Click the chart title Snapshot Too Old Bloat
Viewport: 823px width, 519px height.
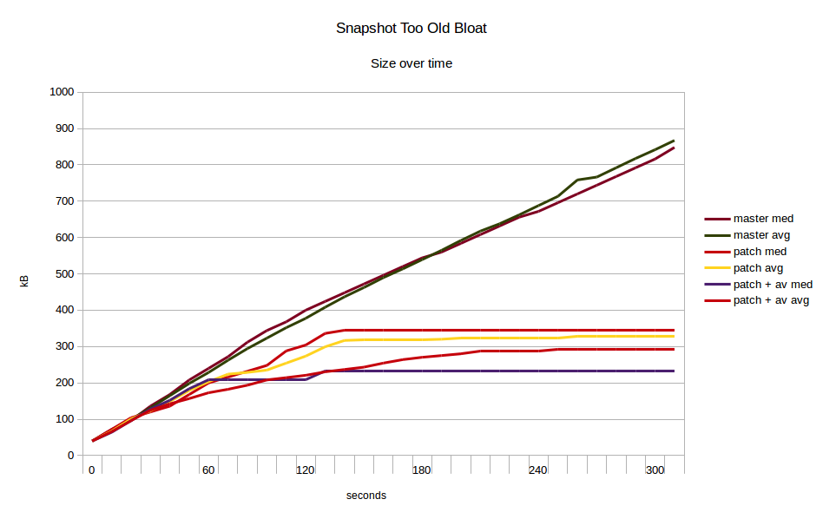tap(411, 28)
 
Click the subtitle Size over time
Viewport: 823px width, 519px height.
tap(411, 63)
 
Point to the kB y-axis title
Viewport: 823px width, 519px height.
tap(24, 280)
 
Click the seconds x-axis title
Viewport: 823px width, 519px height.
tap(366, 496)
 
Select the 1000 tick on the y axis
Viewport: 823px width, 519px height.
tap(61, 92)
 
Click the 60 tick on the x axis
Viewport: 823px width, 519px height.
tap(208, 470)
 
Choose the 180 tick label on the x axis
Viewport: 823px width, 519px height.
tap(422, 470)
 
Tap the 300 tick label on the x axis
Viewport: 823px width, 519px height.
tap(655, 470)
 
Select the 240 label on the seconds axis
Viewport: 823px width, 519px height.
tap(538, 470)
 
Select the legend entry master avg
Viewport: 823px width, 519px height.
tap(762, 235)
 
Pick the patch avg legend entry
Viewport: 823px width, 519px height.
tap(760, 268)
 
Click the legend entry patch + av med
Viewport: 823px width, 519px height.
tap(773, 284)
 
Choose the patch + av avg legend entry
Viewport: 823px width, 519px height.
tap(772, 300)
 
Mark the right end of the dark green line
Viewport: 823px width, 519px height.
tap(675, 141)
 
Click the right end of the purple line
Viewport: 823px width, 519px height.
tap(675, 371)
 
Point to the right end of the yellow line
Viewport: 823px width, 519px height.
tap(675, 336)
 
